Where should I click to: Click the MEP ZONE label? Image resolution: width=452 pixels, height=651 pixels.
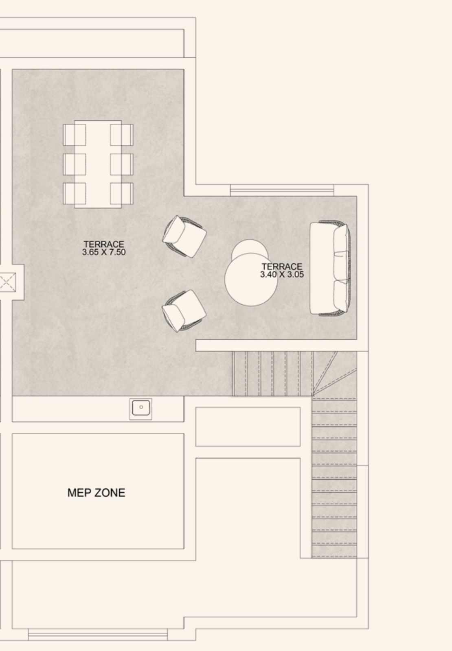tap(96, 493)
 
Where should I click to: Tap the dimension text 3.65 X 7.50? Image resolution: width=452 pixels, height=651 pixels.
tap(104, 252)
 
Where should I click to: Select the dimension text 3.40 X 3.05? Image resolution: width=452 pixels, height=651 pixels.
tap(282, 274)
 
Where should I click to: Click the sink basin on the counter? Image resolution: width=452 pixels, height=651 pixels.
tap(141, 409)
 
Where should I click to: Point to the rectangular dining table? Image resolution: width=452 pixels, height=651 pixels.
tap(98, 164)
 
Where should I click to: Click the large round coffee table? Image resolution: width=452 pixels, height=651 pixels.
tap(251, 279)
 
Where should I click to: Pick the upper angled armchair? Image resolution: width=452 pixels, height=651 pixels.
tap(184, 236)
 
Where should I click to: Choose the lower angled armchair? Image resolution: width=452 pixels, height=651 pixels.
tap(184, 311)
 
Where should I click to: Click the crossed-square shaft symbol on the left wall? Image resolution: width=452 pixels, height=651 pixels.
tap(8, 282)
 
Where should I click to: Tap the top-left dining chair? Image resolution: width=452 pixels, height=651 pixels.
tap(74, 135)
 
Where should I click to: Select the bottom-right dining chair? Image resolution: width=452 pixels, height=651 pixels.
tap(122, 194)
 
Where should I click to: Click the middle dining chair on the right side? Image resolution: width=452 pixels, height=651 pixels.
tap(122, 164)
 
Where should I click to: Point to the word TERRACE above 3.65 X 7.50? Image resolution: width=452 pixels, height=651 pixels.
tap(104, 245)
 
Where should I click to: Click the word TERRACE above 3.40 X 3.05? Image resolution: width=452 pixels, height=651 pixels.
tap(282, 267)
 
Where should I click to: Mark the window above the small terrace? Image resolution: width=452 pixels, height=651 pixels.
tap(282, 190)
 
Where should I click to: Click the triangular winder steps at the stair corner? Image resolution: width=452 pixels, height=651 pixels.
tap(334, 374)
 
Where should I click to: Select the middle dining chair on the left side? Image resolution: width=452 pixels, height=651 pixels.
tap(74, 164)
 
